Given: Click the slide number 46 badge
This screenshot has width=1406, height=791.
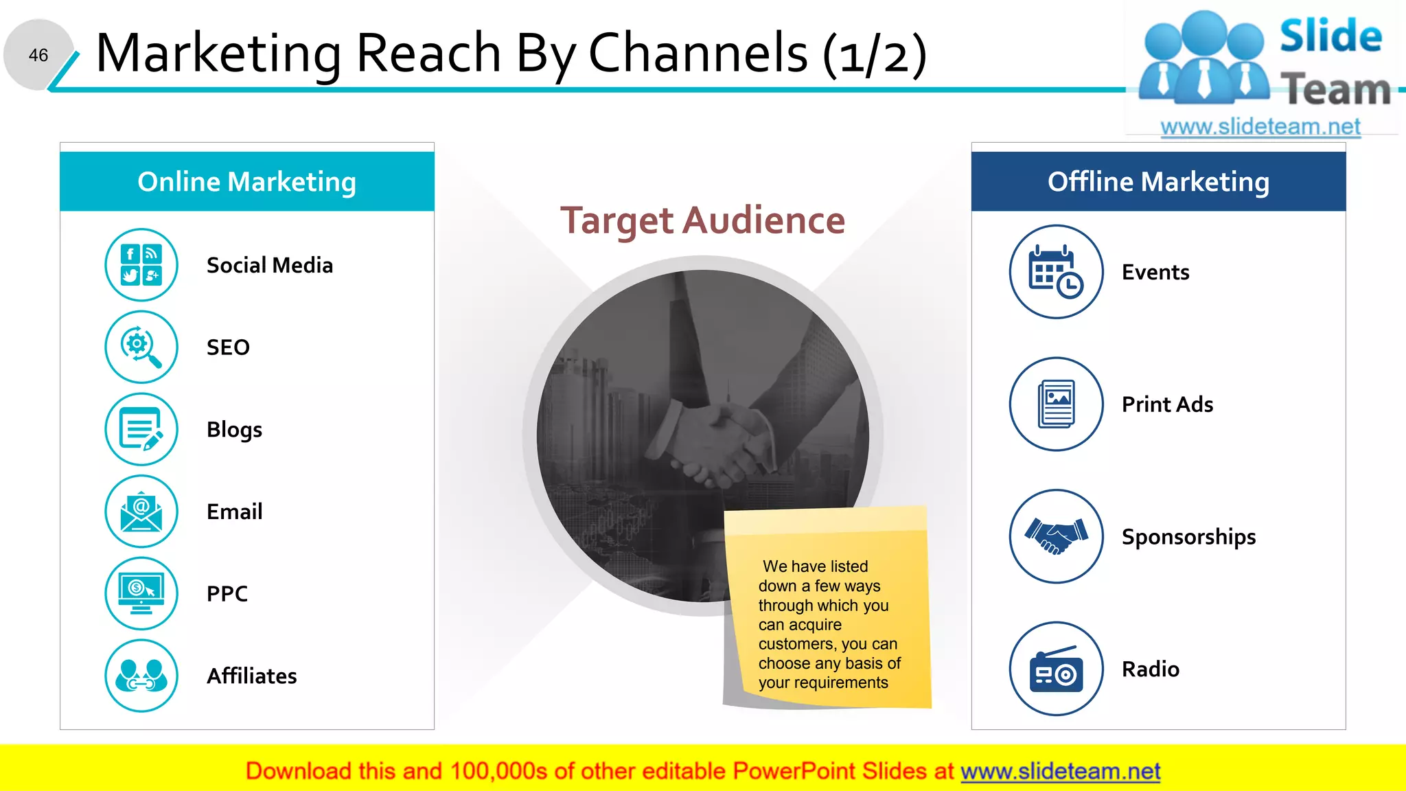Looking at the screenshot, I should pos(38,55).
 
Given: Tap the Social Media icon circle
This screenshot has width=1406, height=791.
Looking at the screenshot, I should pos(141,265).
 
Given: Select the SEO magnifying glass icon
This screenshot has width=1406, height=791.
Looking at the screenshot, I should pos(141,347).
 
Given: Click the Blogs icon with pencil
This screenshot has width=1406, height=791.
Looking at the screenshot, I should pos(141,429).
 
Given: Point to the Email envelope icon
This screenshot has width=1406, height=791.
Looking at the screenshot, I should pos(141,512).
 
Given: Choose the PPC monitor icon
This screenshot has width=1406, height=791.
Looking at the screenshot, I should pos(141,593).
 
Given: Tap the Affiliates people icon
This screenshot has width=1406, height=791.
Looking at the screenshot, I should pos(141,676).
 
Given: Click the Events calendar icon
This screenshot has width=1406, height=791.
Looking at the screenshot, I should pos(1056,272).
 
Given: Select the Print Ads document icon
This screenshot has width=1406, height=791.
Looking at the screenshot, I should pos(1056,404).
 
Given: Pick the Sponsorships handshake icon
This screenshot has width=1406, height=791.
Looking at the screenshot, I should pos(1056,536).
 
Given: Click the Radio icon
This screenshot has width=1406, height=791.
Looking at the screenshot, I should pos(1056,669).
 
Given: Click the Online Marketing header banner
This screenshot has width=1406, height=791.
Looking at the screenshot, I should pos(247,182).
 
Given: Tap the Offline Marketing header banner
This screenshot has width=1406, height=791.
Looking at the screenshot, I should pos(1158,182).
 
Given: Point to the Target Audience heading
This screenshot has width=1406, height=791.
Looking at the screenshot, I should pos(702,220).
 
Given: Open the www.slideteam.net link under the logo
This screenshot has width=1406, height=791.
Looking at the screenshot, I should pos(1260,126).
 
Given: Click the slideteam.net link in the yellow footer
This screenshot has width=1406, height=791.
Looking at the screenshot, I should pos(1060,771).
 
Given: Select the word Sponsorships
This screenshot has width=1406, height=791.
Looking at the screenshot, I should pos(1188,537).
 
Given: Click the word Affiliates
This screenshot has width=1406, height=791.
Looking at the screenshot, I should pos(252,676).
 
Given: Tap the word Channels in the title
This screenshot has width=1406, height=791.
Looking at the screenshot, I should pos(698,53).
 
